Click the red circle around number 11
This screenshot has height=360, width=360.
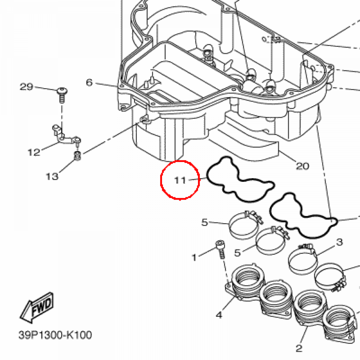161,180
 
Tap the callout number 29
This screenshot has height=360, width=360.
26,87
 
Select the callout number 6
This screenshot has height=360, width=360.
89,82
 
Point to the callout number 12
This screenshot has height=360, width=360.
34,152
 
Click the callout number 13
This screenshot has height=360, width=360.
52,176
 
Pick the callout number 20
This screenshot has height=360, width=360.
303,166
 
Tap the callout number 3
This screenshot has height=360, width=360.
340,242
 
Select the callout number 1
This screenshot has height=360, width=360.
194,257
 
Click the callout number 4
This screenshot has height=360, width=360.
219,315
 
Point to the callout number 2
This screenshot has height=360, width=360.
299,348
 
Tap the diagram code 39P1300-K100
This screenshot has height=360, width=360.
55,335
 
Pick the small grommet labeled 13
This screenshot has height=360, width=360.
78,156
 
